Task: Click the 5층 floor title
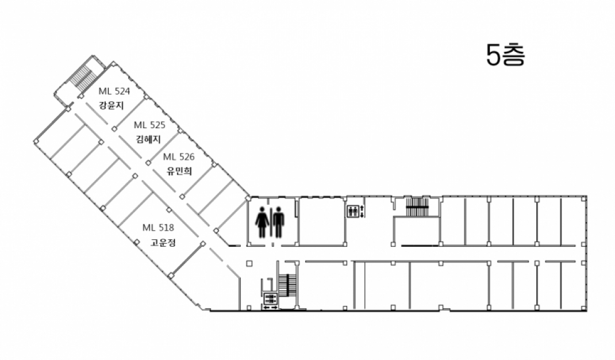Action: point(505,55)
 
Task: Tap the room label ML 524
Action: point(114,91)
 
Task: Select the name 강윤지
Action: point(112,105)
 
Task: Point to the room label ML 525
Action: point(149,125)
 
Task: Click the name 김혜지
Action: point(148,139)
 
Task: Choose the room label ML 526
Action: point(179,156)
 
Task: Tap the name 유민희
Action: point(179,171)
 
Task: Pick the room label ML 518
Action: point(158,227)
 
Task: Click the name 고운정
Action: point(163,242)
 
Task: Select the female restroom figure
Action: point(262,222)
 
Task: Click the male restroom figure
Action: point(279,222)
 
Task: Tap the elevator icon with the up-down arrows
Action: point(352,211)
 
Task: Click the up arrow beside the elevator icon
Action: point(362,208)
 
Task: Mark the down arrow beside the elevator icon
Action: point(362,215)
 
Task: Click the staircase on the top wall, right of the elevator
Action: point(417,207)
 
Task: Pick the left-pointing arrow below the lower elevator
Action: point(266,308)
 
